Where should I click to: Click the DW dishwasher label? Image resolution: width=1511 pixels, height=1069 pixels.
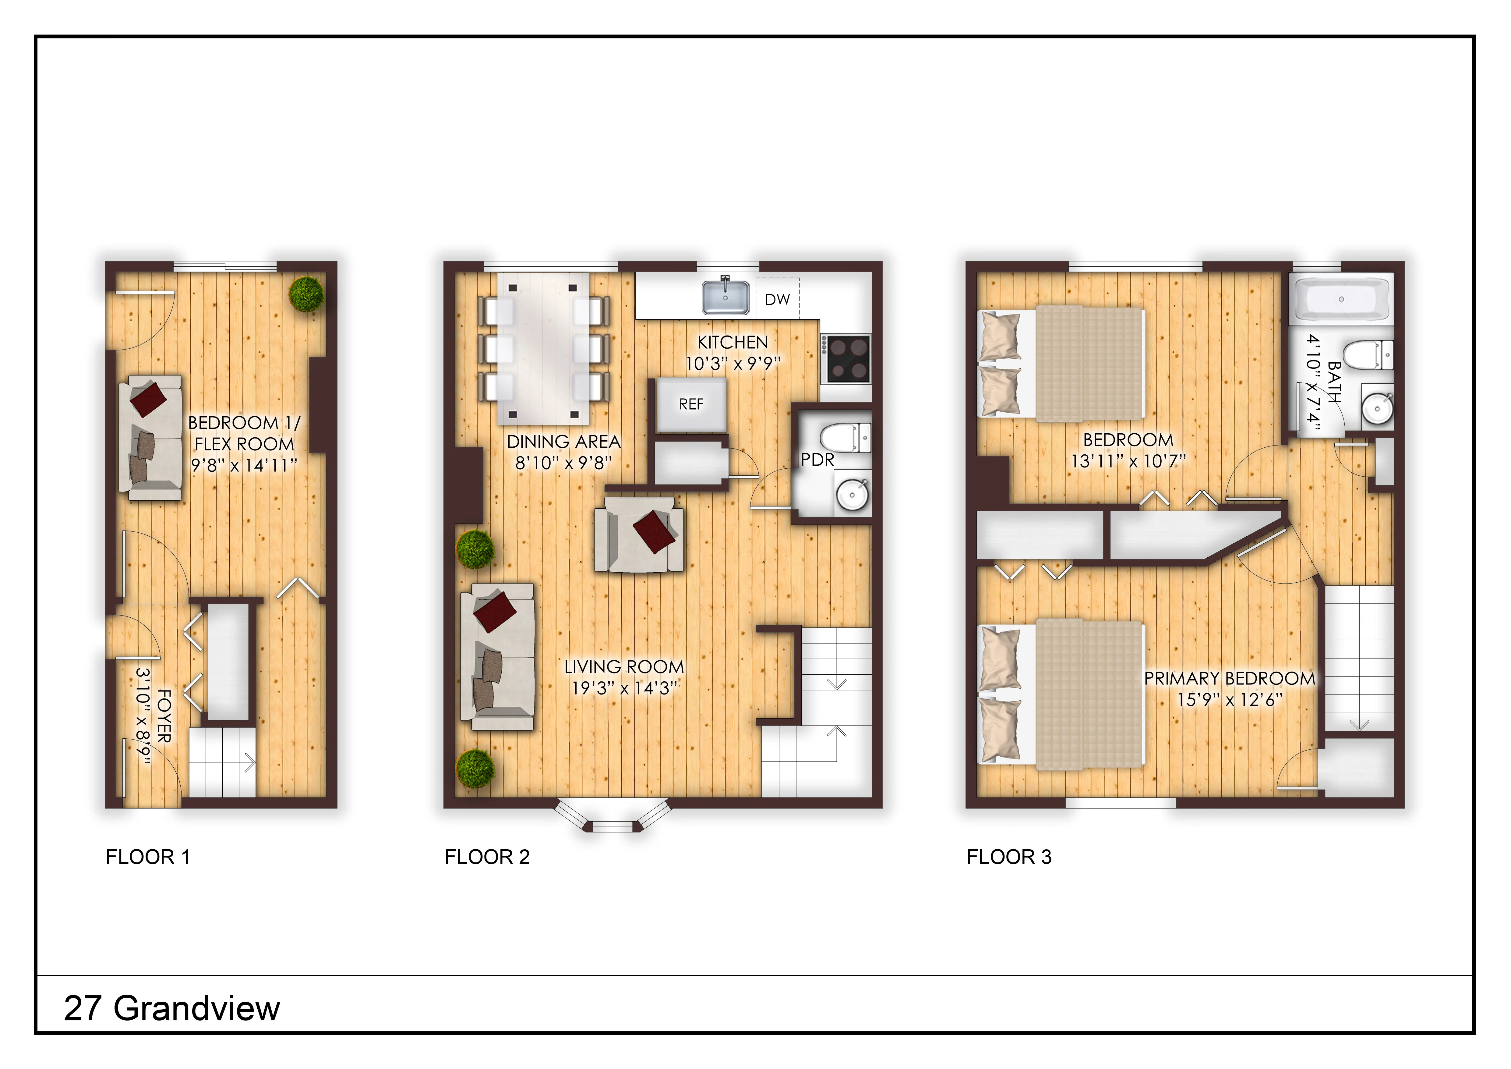point(777,300)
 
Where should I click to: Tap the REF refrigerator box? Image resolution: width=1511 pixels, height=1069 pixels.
point(691,404)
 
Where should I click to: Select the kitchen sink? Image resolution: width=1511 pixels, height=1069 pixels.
point(725,297)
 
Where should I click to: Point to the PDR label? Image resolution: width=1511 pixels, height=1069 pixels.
point(817,460)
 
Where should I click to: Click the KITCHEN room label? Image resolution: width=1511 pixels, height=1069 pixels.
point(733,342)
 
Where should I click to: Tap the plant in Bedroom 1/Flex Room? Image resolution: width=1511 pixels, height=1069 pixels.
point(307,293)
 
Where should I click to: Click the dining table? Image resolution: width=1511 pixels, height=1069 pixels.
point(543,349)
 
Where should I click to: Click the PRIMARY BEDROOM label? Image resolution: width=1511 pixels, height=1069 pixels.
point(1229,678)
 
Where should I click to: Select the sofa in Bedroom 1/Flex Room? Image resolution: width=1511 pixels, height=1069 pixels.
point(150,438)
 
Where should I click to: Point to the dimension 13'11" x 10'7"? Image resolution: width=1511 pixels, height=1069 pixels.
point(1128,461)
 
